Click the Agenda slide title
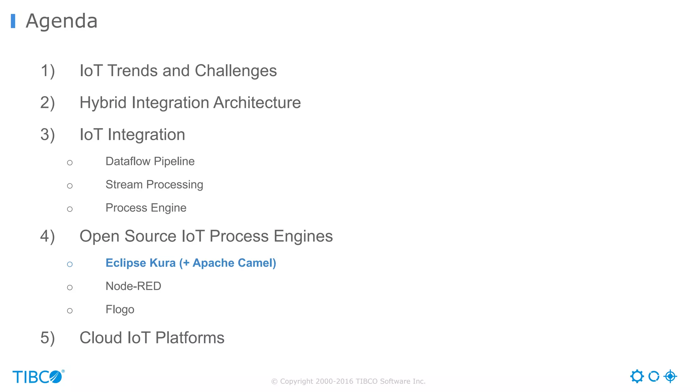point(62,21)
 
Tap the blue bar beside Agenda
point(13,21)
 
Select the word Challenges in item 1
point(236,71)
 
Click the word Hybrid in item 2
point(103,103)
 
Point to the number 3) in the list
point(47,135)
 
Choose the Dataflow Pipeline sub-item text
point(150,161)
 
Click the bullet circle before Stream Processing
point(70,186)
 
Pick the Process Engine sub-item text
point(146,208)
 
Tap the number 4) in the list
point(47,236)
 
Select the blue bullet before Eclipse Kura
point(70,264)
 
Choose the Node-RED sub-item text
point(133,286)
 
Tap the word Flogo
point(120,310)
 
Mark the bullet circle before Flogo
point(70,311)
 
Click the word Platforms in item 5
point(190,338)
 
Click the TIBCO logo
point(38,377)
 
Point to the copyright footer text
point(348,381)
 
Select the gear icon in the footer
point(637,376)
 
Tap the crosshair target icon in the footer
point(670,376)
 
